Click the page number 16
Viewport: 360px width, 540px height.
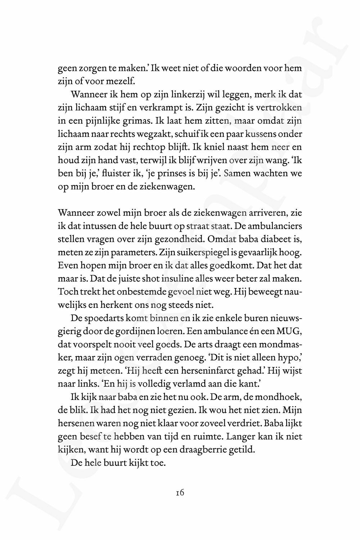(180, 493)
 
